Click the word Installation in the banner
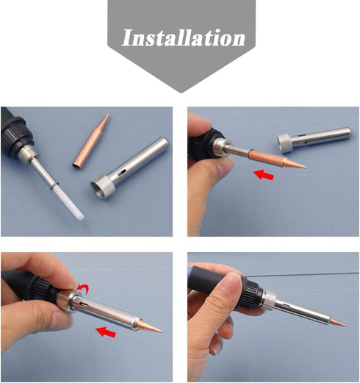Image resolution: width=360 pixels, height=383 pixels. click(x=183, y=37)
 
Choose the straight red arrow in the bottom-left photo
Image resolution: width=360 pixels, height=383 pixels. click(x=107, y=333)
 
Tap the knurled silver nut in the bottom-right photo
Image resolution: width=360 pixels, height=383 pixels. click(x=268, y=299)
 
